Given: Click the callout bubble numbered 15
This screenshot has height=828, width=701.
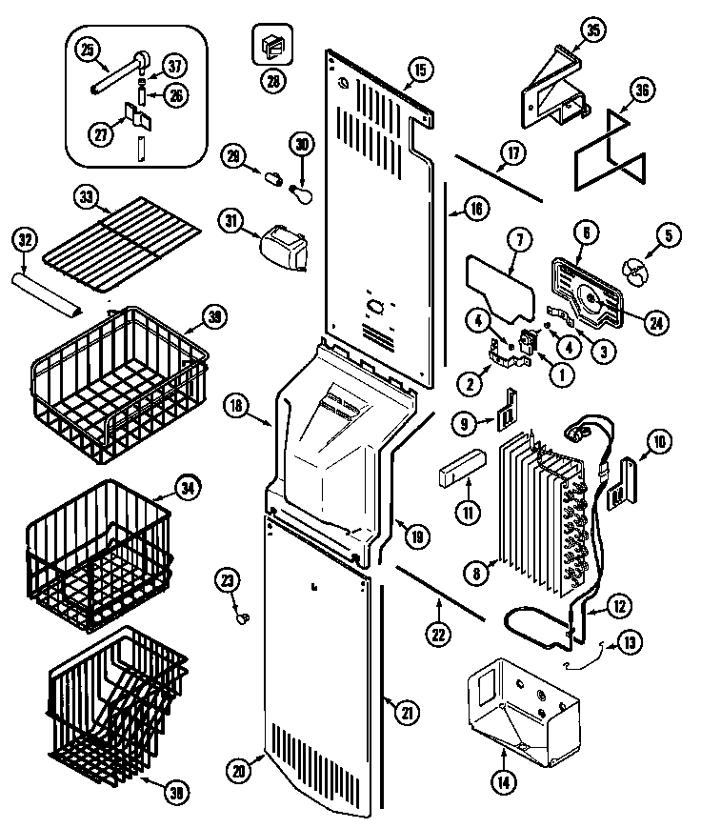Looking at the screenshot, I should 420,69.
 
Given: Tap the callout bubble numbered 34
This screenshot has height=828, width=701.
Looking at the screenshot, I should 189,489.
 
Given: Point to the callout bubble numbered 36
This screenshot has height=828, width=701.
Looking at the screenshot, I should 640,91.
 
